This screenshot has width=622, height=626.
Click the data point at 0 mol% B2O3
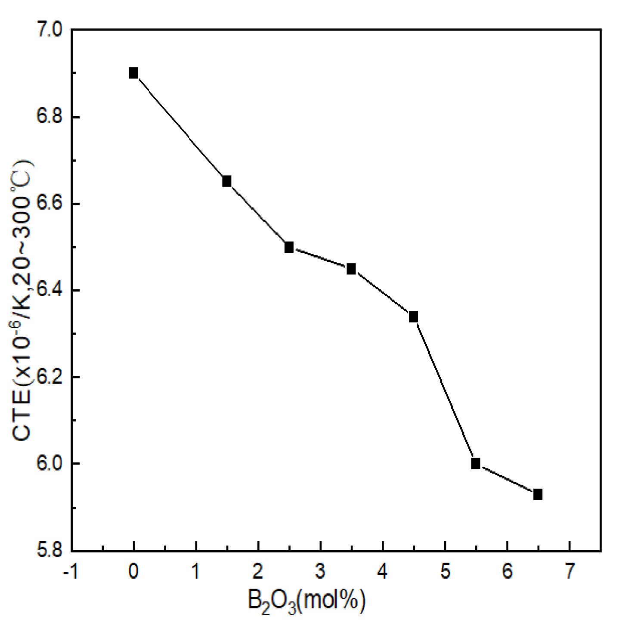[133, 73]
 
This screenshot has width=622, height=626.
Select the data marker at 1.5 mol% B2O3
[227, 181]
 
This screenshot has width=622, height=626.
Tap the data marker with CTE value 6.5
[289, 247]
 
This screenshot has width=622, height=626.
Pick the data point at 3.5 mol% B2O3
[351, 269]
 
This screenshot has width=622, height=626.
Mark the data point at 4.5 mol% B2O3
[413, 317]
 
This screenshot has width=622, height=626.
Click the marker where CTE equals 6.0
[476, 464]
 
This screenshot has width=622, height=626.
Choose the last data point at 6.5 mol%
[538, 494]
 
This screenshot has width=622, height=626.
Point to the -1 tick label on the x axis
[70, 572]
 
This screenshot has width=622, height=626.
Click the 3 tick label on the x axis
[320, 572]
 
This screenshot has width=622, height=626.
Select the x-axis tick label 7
[569, 572]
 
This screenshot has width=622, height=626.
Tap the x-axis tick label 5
[445, 572]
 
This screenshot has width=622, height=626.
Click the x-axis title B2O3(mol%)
[306, 601]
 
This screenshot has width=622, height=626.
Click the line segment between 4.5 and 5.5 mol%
[444, 390]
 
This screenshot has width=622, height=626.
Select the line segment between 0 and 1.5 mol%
[180, 127]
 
